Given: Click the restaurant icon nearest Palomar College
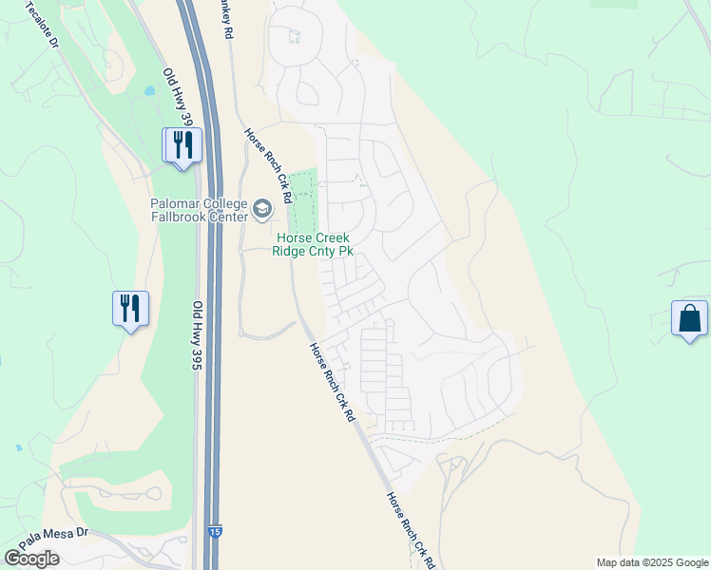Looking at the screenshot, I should (183, 145).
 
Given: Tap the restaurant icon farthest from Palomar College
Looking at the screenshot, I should (131, 308).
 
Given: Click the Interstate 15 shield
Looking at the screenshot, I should (217, 535).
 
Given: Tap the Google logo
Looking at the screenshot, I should (31, 559).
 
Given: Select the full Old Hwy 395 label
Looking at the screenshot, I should (199, 334).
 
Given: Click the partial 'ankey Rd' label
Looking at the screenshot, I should (227, 19).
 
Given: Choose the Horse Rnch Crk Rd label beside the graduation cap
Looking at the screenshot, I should (267, 166).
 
